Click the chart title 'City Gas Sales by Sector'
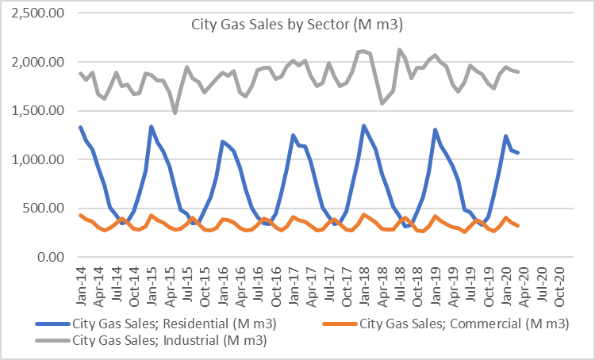(297, 25)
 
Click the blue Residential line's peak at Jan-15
(151, 127)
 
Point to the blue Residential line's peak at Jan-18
(363, 126)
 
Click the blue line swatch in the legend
(52, 324)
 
